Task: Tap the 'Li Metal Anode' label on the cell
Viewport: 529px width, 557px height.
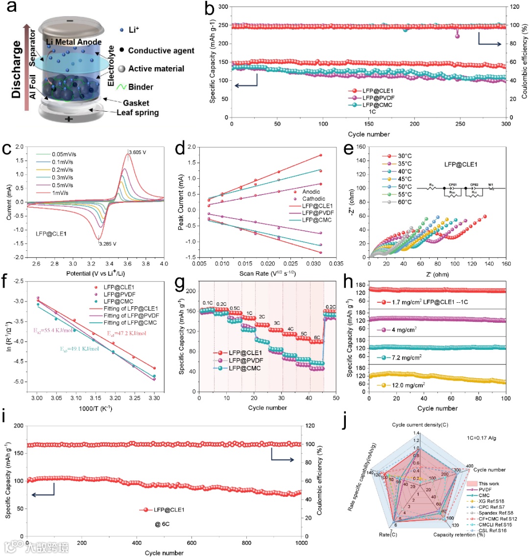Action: (74, 43)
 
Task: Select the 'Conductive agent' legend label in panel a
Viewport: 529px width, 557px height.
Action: (161, 50)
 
